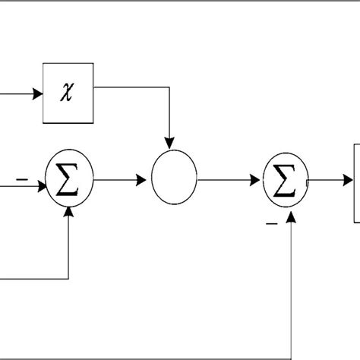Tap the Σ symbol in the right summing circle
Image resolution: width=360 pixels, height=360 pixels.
283,181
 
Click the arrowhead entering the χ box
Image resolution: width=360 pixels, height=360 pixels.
37,96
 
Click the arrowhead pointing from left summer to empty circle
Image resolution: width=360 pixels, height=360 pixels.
141,181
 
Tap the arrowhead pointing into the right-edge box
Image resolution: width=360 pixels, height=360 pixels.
349,181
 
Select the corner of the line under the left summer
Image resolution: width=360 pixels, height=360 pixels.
70,278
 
